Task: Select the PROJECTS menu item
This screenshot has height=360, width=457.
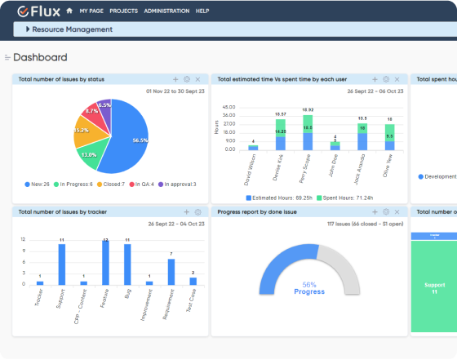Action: point(123,11)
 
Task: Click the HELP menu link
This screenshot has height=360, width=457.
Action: point(202,11)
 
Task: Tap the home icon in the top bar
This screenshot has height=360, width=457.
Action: point(69,11)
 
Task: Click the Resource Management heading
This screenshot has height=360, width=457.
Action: point(72,29)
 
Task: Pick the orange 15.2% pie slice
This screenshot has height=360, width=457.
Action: point(83,131)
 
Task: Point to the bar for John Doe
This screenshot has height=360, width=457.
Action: point(334,146)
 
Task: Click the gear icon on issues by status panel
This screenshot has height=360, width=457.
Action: point(187,79)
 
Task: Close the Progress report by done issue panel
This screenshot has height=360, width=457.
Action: point(397,211)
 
